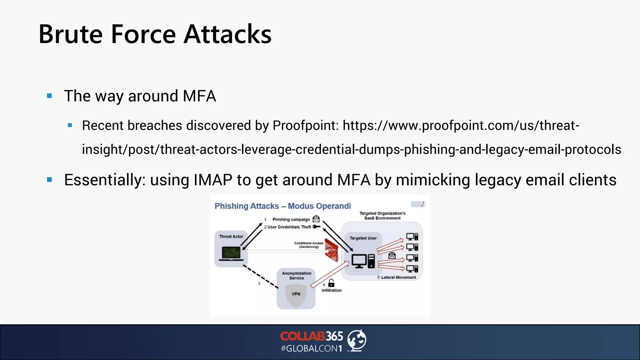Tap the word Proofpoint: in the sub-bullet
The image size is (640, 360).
tap(306, 126)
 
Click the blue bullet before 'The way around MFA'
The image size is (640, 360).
tap(49, 96)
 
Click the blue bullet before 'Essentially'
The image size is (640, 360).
tap(49, 180)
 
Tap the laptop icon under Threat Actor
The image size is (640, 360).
tap(231, 253)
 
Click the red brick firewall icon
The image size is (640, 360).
tap(331, 250)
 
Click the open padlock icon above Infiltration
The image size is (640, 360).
tap(331, 283)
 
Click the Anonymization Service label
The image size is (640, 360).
tap(297, 275)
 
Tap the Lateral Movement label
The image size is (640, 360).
tap(398, 277)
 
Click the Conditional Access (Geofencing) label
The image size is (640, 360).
tap(308, 245)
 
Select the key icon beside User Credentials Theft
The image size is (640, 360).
tap(317, 227)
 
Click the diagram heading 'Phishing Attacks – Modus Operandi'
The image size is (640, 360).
tap(282, 206)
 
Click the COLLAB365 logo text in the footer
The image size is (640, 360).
tap(311, 336)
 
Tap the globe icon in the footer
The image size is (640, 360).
tap(357, 340)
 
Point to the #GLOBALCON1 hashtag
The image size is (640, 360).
tap(311, 348)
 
